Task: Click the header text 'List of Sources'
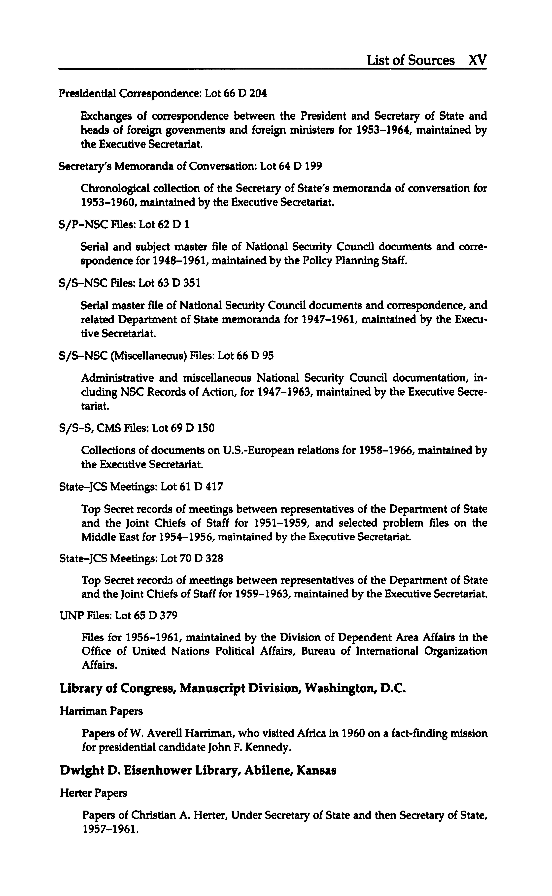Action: [x=411, y=60]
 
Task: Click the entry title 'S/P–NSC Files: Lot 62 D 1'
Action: [x=124, y=224]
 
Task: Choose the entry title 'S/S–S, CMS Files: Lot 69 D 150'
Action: [x=137, y=428]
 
